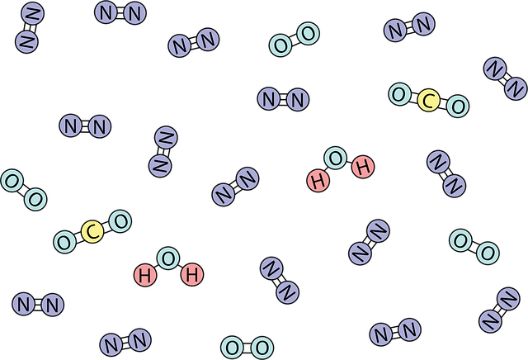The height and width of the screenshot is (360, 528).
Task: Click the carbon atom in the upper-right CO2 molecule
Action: (428, 100)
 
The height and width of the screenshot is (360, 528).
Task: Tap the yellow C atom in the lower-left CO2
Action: (92, 231)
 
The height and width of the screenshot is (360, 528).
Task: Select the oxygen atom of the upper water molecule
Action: (336, 158)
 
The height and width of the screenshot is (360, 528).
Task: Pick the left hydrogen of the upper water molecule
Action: (318, 181)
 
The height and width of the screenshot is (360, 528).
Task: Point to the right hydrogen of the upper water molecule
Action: (363, 167)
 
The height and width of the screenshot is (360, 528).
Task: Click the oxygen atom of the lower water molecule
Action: (168, 258)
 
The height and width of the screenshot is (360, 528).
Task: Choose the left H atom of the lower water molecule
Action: (145, 275)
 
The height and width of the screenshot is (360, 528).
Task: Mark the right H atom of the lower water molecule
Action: (192, 274)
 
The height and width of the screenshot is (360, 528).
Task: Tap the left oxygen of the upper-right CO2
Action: (399, 94)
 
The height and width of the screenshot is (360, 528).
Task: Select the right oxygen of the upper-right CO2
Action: (458, 106)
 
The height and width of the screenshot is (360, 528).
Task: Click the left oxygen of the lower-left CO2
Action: (64, 242)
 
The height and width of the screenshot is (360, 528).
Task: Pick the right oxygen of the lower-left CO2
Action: (120, 221)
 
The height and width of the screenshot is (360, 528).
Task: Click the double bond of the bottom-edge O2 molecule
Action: (247, 348)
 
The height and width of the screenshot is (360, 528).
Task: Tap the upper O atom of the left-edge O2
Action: (12, 181)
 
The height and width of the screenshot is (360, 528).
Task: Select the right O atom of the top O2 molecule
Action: (308, 34)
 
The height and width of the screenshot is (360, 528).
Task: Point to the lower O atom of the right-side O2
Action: (488, 253)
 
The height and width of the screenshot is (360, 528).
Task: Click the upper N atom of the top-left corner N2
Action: (33, 14)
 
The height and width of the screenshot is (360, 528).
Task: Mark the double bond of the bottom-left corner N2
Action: (38, 305)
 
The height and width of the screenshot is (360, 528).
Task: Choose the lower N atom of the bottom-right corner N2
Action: (490, 321)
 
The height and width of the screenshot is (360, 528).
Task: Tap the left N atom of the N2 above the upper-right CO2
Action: (395, 31)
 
